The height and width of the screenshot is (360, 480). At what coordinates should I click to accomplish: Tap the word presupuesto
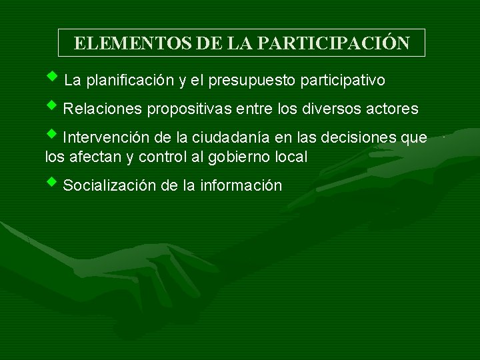pyautogui.click(x=253, y=81)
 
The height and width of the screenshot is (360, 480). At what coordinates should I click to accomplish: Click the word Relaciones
pyautogui.click(x=103, y=109)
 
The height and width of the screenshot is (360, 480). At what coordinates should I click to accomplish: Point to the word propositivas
pyautogui.click(x=186, y=109)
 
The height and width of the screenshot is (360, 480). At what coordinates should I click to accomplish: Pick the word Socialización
pyautogui.click(x=110, y=186)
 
